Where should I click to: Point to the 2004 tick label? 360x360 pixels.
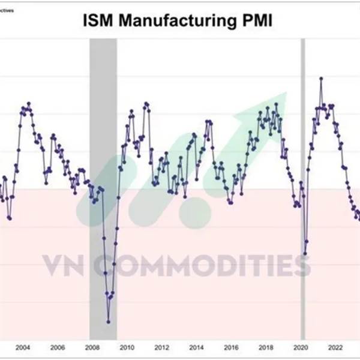pos(23,347)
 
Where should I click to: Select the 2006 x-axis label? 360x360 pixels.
pos(58,347)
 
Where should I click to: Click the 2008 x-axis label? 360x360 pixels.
pos(92,347)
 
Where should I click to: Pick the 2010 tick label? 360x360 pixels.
pos(127,347)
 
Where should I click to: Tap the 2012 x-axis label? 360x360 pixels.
pos(161,347)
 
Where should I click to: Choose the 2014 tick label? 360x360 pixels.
pos(196,347)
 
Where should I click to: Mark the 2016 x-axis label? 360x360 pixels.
pos(230,347)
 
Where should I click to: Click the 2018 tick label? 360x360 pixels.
pos(265,347)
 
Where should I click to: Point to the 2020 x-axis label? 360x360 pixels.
pos(300,347)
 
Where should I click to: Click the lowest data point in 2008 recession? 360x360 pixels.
pos(109,322)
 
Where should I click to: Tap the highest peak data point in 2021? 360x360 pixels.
pos(321,78)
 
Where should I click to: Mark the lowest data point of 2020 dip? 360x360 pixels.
pos(305,254)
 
